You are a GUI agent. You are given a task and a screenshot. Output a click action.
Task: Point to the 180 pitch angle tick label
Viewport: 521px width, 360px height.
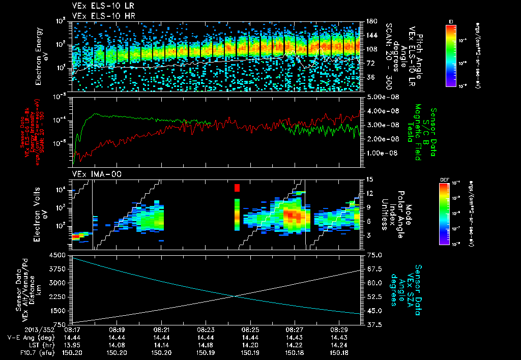click(367, 21)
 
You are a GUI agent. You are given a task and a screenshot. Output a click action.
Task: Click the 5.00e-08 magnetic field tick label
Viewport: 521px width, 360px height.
click(380, 97)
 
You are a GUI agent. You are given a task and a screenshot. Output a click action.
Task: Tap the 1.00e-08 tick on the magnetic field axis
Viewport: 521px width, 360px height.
click(380, 153)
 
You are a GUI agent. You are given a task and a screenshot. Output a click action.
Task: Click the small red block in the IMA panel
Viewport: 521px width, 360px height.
click(237, 188)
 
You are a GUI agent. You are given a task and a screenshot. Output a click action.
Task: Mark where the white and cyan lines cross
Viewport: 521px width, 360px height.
click(235, 296)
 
